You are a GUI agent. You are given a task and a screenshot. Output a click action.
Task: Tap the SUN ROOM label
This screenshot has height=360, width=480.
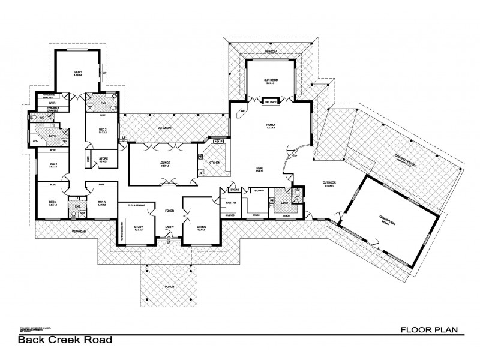pos(269,80)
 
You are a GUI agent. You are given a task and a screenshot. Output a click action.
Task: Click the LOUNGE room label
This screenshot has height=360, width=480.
pos(162,163)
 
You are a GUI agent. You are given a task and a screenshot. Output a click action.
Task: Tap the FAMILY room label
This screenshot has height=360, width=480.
pos(270,125)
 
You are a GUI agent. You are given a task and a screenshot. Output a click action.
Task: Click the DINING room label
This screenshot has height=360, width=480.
pos(202,226)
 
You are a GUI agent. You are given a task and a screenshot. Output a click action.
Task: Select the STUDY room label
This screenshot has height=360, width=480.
pos(139,226)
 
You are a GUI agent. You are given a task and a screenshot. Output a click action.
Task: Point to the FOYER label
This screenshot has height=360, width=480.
pos(169,210)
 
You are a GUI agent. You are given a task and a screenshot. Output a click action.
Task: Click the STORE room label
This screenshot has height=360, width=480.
pos(103,159)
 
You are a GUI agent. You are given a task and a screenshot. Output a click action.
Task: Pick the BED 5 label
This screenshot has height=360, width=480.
pos(101,202)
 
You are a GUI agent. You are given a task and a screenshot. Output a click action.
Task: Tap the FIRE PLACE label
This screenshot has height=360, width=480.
pos(269,103)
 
